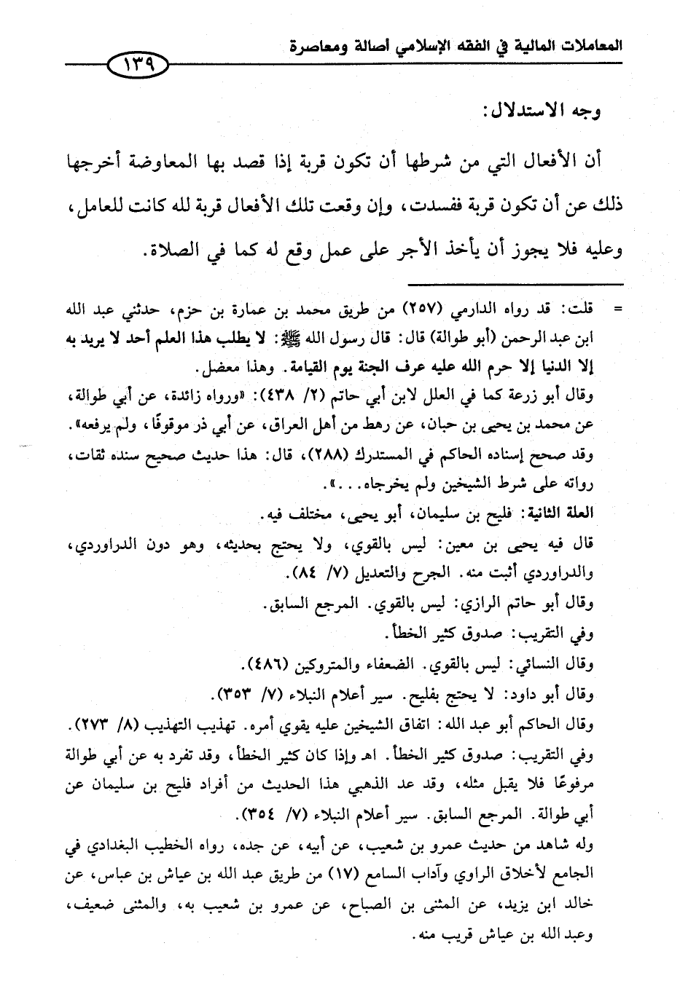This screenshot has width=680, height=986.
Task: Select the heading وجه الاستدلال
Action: coord(540,112)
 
